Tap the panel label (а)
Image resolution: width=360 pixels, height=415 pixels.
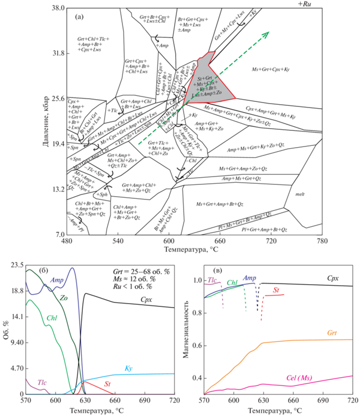(80, 16)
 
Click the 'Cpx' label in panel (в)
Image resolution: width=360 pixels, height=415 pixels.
(333, 277)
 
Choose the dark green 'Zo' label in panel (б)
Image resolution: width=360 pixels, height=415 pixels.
(65, 297)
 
